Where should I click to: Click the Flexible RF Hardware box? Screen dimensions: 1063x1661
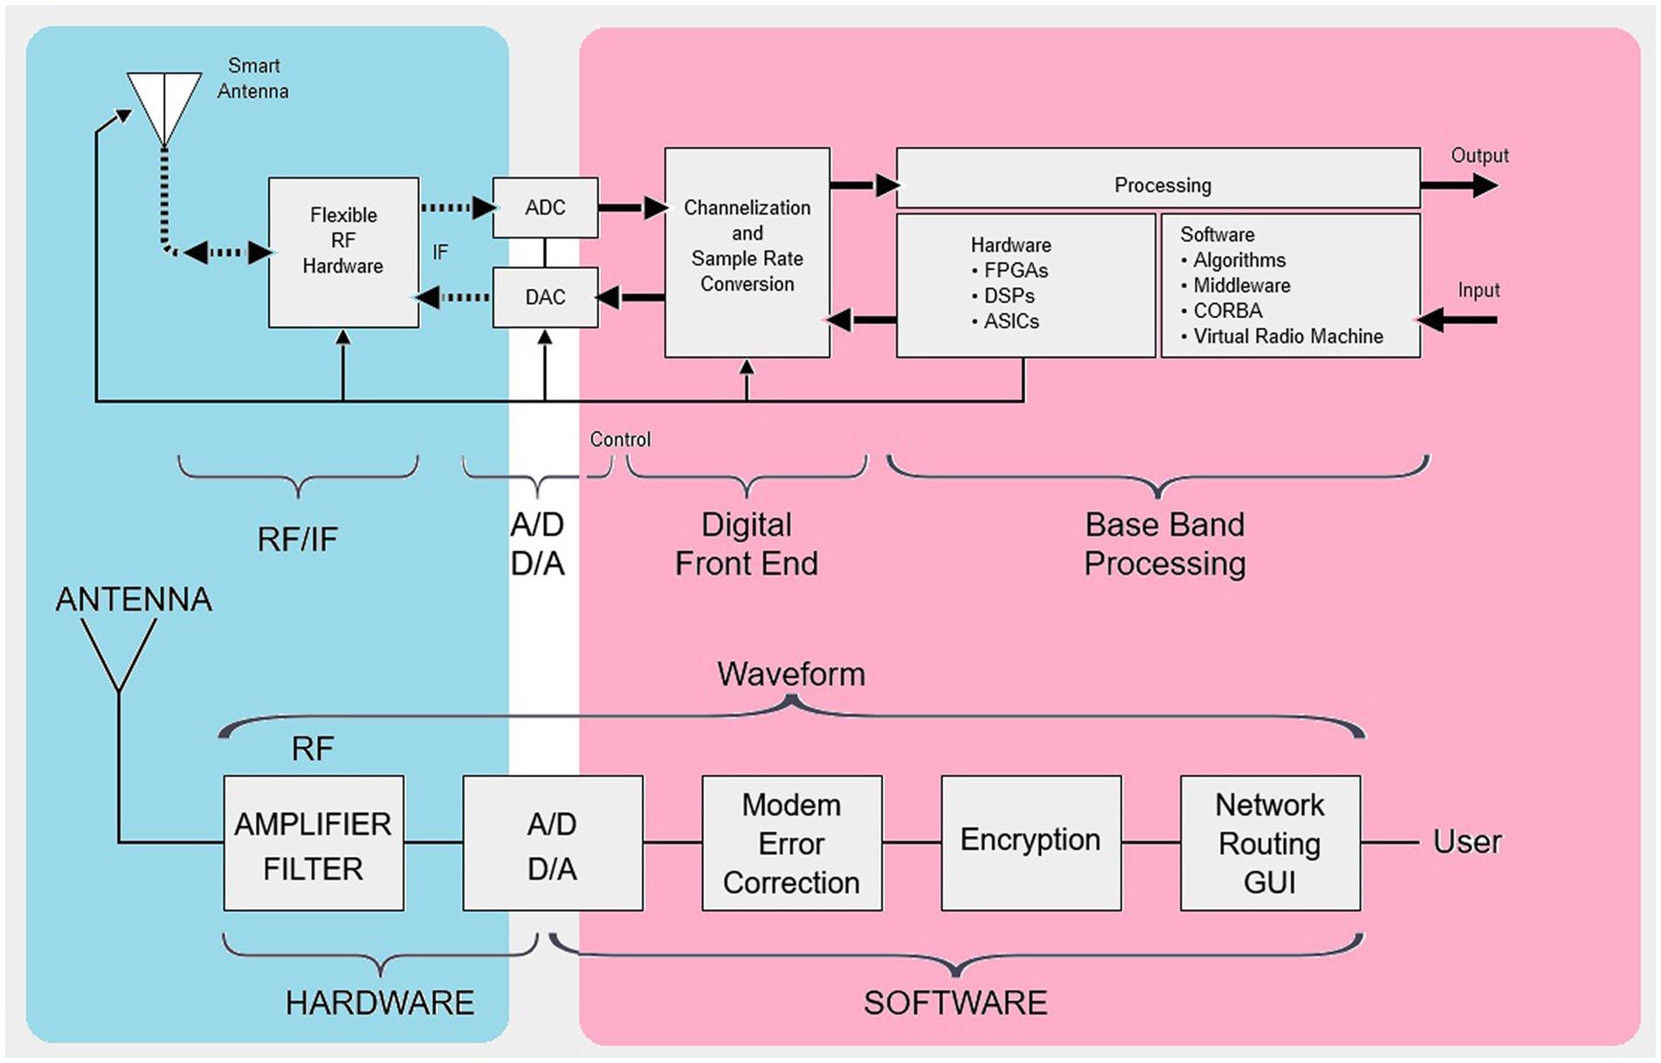(343, 252)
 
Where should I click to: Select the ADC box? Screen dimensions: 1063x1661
(545, 208)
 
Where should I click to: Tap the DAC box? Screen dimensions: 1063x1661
(545, 297)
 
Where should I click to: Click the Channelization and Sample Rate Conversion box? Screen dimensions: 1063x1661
(747, 252)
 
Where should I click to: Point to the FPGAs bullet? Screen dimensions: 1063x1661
(1015, 271)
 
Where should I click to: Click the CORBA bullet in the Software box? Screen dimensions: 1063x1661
(1227, 311)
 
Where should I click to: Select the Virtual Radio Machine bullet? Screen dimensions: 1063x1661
(1287, 336)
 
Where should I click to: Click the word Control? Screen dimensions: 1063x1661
(620, 439)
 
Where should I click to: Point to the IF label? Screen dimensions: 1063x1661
(440, 252)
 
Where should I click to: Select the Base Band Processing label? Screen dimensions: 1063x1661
(1164, 543)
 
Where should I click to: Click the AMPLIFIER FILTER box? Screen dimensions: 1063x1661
(314, 844)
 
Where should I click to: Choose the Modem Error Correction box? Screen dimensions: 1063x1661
(791, 844)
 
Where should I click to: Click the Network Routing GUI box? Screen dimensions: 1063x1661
(1270, 844)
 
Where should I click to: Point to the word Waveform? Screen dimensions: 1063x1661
(791, 674)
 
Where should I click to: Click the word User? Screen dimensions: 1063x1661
(1467, 842)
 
